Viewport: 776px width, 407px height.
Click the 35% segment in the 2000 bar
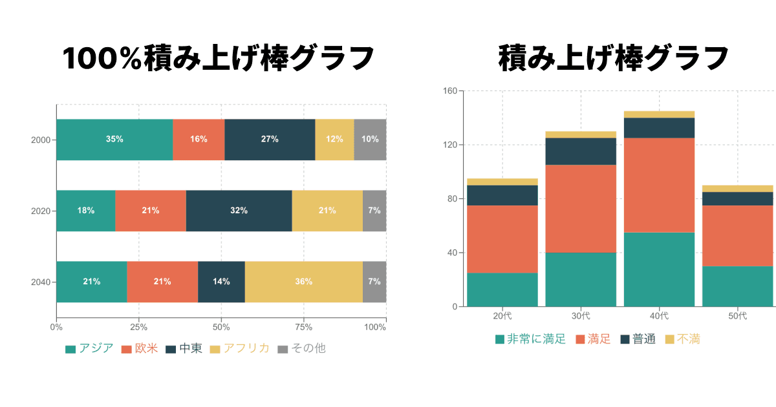114,140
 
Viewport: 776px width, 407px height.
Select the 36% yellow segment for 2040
303,282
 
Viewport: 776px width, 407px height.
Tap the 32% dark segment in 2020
239,211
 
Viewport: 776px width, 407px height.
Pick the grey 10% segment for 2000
370,140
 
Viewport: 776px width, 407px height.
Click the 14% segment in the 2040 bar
221,282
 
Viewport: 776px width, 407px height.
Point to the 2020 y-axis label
40,211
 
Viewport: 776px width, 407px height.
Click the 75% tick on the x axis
304,328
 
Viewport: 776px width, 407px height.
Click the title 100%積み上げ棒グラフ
219,59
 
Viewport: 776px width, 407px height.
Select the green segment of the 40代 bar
659,269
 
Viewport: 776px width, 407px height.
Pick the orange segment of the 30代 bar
581,208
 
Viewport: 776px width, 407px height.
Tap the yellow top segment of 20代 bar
502,182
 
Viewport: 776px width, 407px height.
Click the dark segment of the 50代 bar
737,198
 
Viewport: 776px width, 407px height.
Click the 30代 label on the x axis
581,316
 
